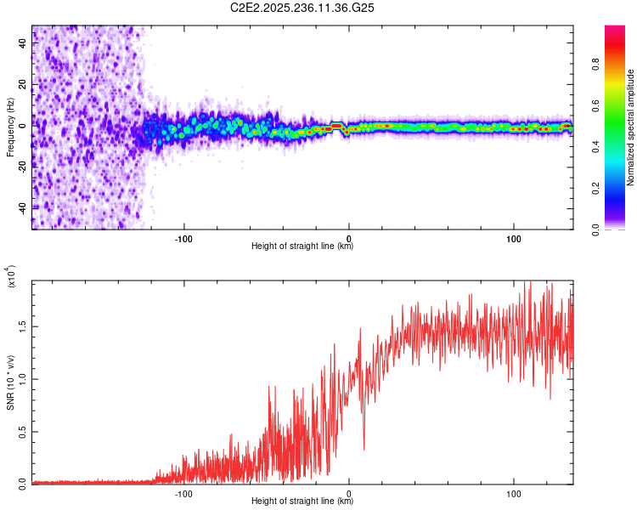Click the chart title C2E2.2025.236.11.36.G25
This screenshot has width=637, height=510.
coord(302,7)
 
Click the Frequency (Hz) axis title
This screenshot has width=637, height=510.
coord(10,127)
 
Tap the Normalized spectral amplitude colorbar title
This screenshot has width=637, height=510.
coord(630,127)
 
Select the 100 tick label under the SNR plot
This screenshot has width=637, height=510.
coord(514,492)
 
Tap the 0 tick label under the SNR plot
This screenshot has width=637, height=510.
coord(349,492)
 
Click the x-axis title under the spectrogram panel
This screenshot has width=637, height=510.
coord(302,246)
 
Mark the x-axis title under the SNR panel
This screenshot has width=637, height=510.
coord(302,501)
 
